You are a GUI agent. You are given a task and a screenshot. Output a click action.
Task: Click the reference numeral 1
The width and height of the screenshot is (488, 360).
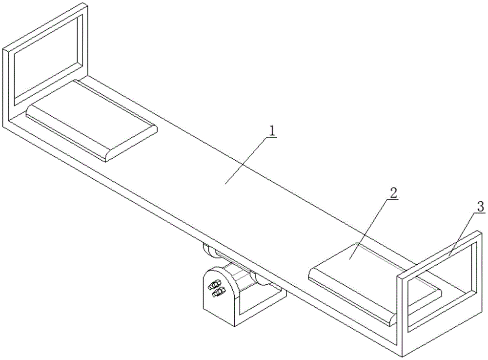click(272, 131)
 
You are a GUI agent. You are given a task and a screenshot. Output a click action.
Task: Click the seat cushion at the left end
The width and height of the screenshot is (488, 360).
click(91, 120)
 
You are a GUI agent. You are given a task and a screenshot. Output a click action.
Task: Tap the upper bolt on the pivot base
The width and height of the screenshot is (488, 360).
click(215, 284)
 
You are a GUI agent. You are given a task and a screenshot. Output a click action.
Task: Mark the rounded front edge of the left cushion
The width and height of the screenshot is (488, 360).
click(131, 144)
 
